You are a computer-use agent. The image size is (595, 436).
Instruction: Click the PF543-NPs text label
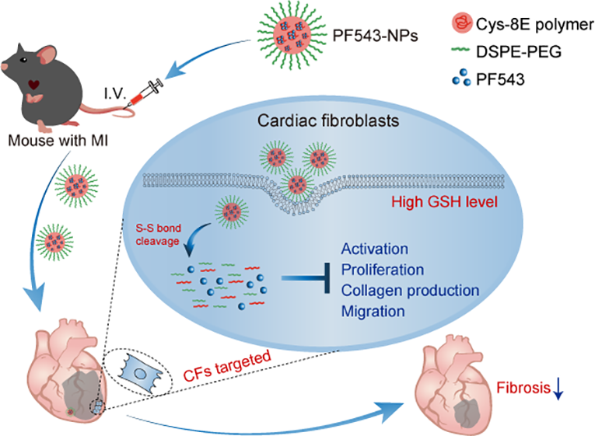[376, 36]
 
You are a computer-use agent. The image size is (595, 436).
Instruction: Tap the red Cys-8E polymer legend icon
[462, 23]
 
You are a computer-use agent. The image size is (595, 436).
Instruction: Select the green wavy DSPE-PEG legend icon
[461, 50]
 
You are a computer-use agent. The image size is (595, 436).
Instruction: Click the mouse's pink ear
[47, 55]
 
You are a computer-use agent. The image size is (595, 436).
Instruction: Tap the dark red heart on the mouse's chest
[33, 85]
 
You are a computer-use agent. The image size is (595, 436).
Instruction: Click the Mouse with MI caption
[58, 141]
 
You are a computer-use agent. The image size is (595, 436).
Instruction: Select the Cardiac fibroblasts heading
[328, 121]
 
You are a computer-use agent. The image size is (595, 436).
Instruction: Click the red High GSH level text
[444, 202]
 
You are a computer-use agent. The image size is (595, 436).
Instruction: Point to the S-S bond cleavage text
[158, 235]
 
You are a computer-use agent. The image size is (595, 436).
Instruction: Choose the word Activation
[375, 249]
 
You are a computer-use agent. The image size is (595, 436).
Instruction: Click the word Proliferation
[383, 270]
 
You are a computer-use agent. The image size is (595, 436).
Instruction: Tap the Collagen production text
[410, 291]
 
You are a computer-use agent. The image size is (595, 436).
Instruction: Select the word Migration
[373, 312]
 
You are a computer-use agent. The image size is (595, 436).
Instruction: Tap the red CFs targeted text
[227, 366]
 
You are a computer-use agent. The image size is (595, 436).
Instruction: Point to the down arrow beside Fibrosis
[558, 389]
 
